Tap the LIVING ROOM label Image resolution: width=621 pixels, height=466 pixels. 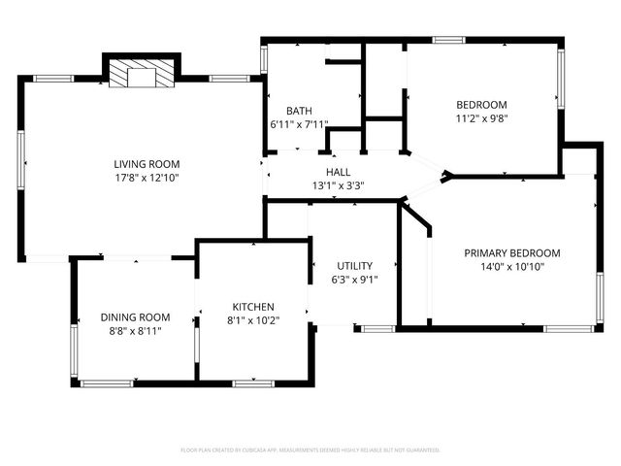point(147,164)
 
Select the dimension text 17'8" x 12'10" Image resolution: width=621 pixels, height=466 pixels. point(147,178)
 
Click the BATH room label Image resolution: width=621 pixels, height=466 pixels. point(298,111)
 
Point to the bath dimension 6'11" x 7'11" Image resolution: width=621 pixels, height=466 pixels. point(300,124)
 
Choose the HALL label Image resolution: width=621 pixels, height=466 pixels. point(338,172)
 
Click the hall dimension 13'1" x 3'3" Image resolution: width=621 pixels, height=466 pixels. point(338,185)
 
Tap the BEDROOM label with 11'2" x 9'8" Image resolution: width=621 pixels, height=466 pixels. point(482,105)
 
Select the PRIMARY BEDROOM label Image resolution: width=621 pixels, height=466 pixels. point(511,252)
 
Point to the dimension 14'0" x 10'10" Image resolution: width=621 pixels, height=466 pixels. point(511,267)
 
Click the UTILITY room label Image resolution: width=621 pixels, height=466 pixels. point(354,266)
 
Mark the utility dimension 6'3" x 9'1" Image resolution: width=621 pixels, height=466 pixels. point(354,280)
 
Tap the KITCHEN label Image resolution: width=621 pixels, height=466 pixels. point(252,306)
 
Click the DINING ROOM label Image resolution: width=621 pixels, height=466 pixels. point(135,316)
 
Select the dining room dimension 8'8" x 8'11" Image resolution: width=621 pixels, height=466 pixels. point(135,330)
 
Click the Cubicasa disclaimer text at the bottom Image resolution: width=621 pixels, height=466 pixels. point(310,450)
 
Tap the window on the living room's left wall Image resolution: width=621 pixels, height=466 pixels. point(21,166)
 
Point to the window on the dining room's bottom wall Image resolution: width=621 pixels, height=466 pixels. point(106,383)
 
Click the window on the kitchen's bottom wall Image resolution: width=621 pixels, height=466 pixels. point(253,383)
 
